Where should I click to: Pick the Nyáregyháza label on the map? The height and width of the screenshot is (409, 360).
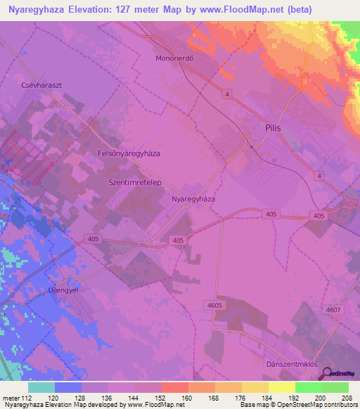point(193,199)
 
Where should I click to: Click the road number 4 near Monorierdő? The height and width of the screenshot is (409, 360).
point(227,93)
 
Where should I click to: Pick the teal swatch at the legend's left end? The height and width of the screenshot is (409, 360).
point(41,387)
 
